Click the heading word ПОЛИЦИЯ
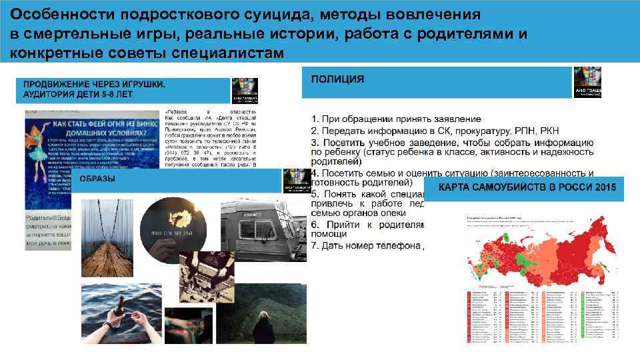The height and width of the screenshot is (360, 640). tap(337, 79)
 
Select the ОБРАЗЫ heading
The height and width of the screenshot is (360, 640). tap(97, 179)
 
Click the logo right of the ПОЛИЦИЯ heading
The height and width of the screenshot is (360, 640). tap(587, 82)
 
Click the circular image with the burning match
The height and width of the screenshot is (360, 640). tap(177, 231)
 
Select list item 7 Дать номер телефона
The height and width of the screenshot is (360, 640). tap(367, 246)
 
